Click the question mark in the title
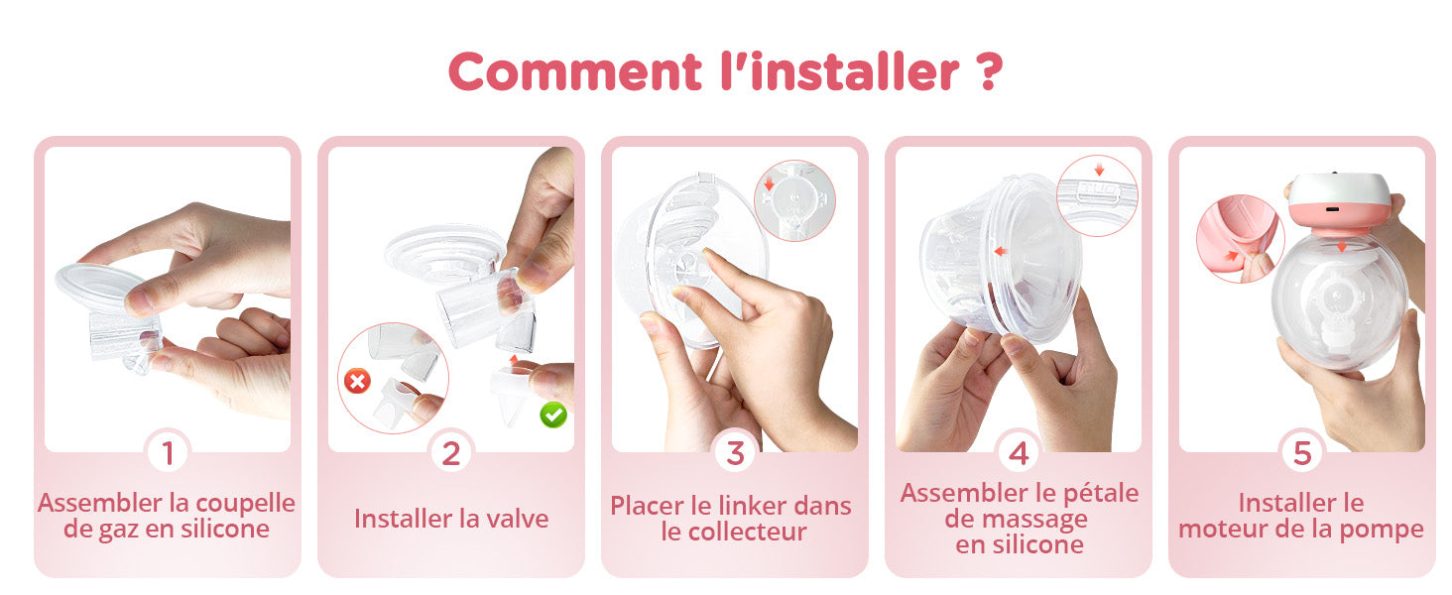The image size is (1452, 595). tap(989, 70)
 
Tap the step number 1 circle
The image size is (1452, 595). tap(169, 453)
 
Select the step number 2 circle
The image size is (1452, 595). tap(451, 453)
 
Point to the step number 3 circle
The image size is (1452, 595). tap(735, 453)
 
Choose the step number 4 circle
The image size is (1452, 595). tap(1019, 453)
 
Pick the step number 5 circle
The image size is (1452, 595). tap(1302, 453)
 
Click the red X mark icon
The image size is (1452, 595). tap(357, 381)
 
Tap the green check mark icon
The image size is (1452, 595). tap(553, 415)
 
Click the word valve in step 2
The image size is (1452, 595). tap(513, 519)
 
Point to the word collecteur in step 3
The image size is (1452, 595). tap(748, 533)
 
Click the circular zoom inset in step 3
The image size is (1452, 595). tap(794, 200)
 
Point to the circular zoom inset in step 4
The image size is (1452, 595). tap(1097, 195)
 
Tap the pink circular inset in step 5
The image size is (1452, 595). tap(1240, 239)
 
